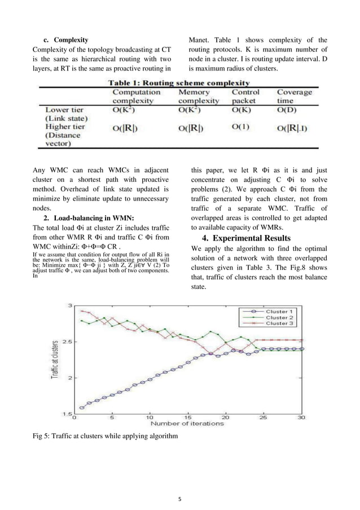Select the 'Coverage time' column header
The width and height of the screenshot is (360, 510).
(292, 96)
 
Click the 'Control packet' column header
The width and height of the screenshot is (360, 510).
(246, 96)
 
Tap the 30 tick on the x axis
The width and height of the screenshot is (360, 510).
(302, 418)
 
